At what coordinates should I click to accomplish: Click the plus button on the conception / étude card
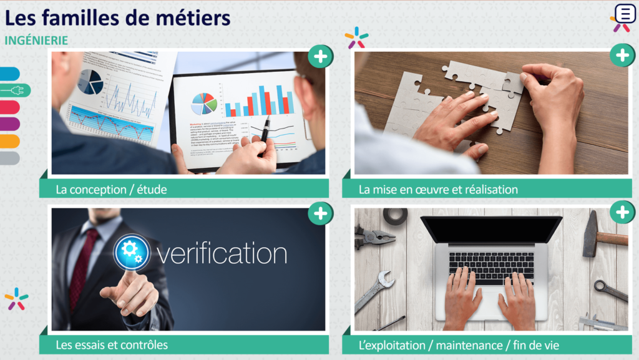click(x=320, y=57)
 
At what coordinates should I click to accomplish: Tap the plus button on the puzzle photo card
click(x=622, y=56)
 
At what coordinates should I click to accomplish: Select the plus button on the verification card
click(x=320, y=213)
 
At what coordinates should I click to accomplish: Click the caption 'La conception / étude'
click(x=111, y=189)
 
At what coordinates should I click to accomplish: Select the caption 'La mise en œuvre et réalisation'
click(x=438, y=189)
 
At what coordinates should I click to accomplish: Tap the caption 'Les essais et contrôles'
click(x=112, y=344)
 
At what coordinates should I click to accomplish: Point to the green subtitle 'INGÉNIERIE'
click(x=36, y=40)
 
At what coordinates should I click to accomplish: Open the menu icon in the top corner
click(x=625, y=14)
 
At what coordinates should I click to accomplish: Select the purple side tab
click(x=9, y=124)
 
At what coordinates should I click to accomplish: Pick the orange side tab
click(x=9, y=142)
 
